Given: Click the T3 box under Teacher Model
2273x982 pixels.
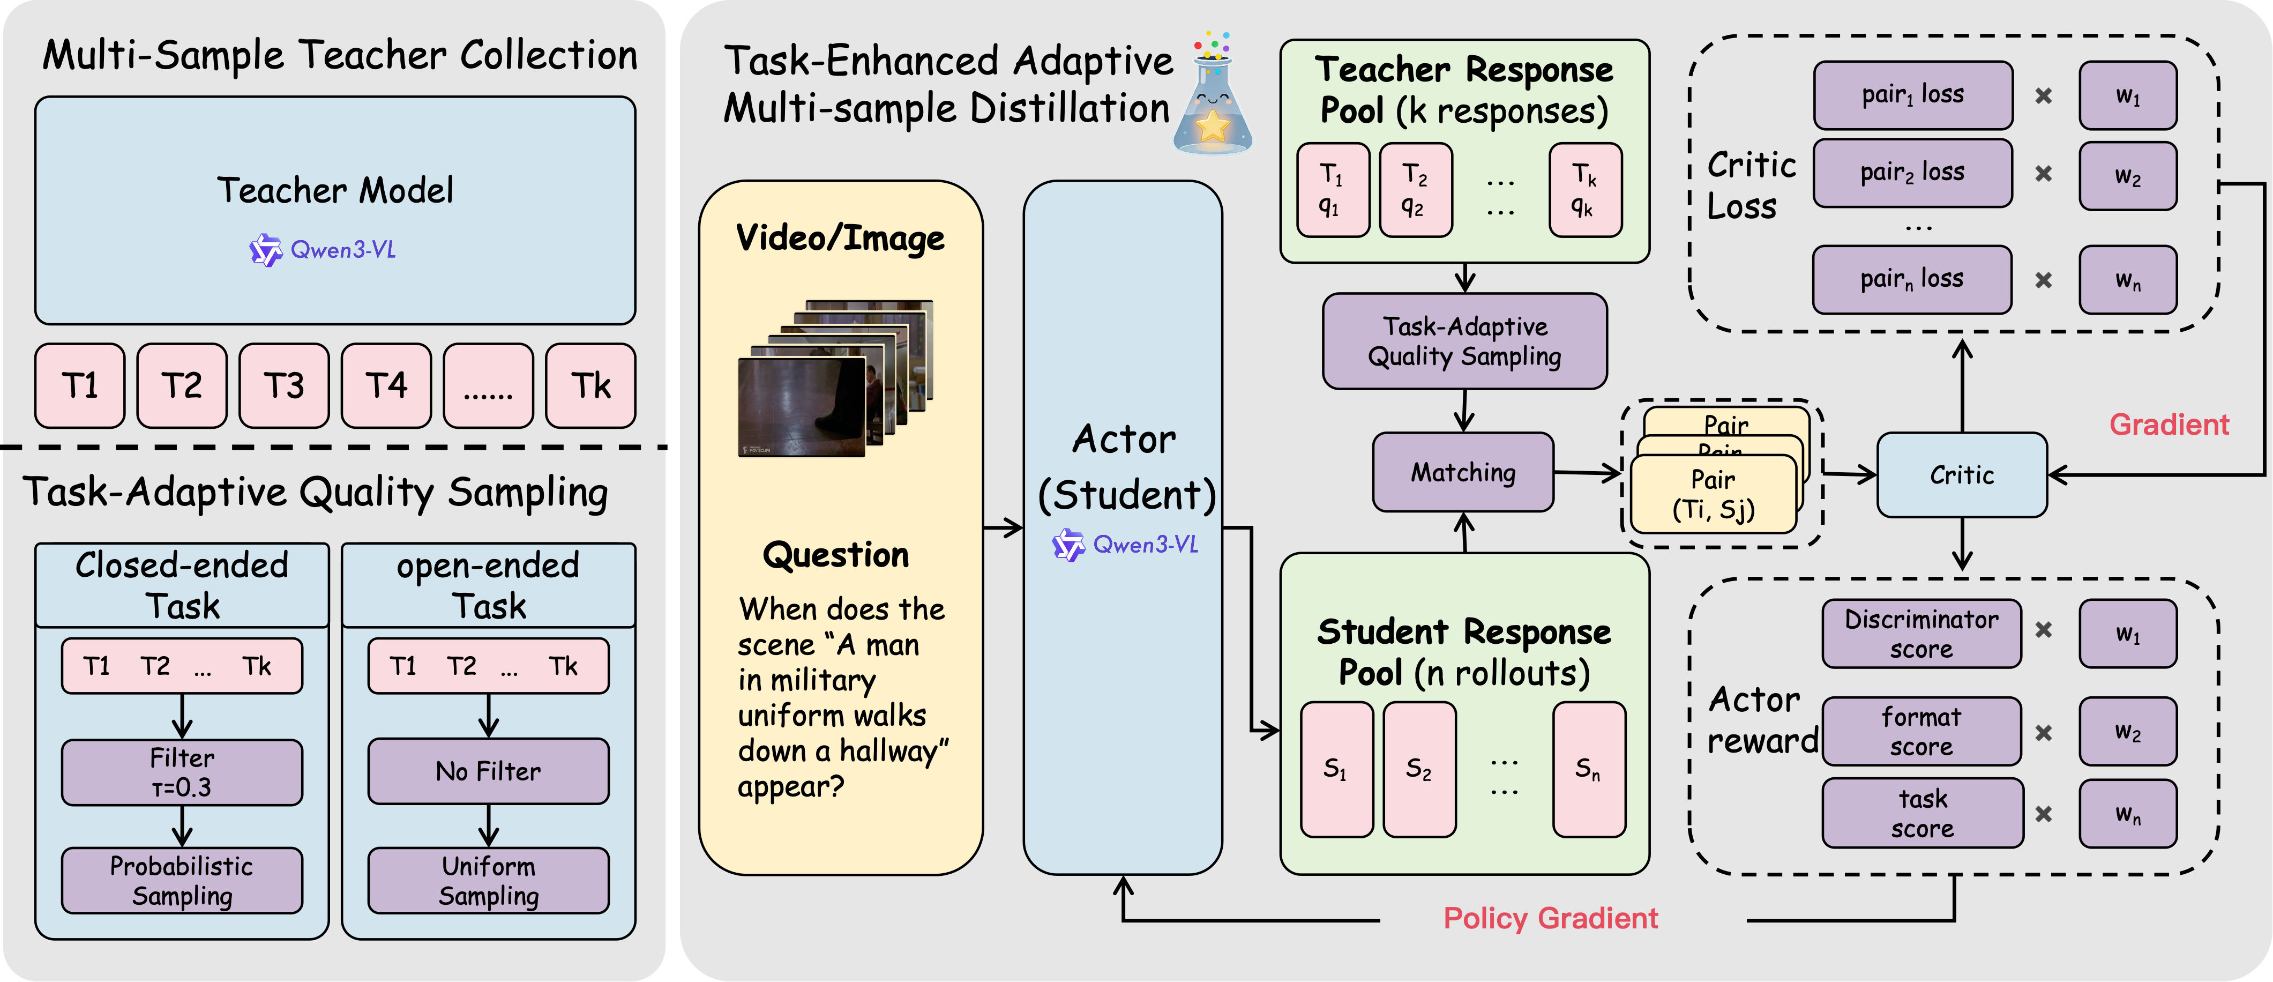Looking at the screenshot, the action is (284, 385).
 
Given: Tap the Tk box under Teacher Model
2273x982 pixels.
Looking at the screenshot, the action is (590, 385).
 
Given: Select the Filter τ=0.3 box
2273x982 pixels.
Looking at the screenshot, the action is (182, 772).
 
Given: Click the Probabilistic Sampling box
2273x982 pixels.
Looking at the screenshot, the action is (182, 881).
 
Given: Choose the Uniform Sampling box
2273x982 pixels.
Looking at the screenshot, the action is (488, 881).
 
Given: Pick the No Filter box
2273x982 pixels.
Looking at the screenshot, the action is (488, 771).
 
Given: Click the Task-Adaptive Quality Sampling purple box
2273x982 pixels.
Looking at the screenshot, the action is (1465, 341).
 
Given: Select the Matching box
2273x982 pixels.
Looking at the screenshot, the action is (1463, 472).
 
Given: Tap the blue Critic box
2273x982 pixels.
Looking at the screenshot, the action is (1962, 475).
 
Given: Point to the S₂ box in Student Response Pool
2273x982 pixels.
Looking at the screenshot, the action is (1419, 769).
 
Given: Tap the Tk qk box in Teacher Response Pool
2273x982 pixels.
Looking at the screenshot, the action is (1585, 190).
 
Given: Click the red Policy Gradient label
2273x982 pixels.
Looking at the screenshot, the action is (1550, 918).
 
